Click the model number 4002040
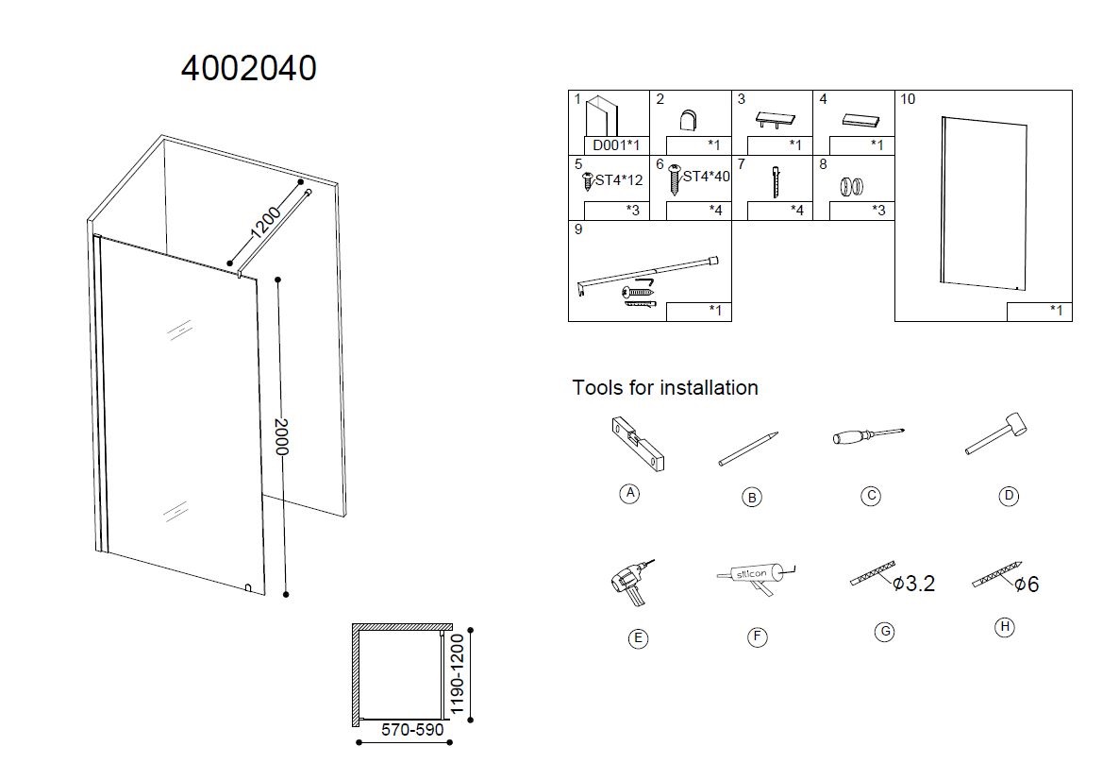[x=248, y=68]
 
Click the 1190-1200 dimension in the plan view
[x=459, y=674]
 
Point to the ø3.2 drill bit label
[x=913, y=584]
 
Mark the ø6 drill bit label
[x=1027, y=585]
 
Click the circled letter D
[x=1008, y=496]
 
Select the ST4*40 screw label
[x=706, y=177]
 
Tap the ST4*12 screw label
[x=619, y=179]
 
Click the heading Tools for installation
[x=665, y=387]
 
